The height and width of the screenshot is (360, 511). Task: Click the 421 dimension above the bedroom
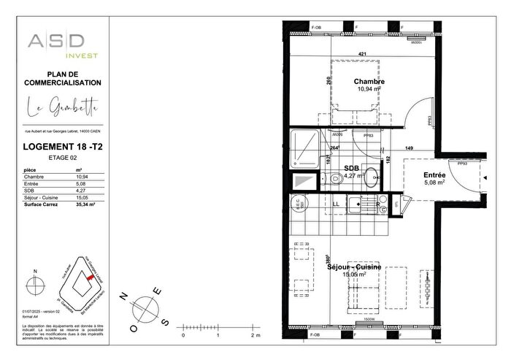coord(363,54)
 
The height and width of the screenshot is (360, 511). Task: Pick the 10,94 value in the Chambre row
coord(82,177)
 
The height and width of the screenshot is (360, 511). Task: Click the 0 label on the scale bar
coord(183,335)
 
